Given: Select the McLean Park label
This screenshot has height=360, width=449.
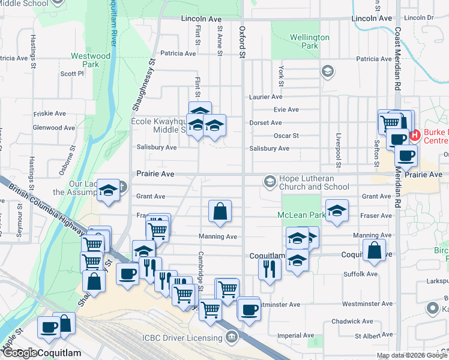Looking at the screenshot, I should click(x=301, y=214).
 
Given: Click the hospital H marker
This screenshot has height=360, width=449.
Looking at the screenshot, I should click(x=414, y=136).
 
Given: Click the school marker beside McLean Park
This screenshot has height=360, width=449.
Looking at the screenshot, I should click(x=337, y=211).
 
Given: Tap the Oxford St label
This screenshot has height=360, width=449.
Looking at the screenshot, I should click(x=243, y=42).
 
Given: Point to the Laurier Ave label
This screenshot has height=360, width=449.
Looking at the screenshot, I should click(x=265, y=97).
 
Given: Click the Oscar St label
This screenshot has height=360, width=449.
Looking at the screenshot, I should click(x=286, y=136).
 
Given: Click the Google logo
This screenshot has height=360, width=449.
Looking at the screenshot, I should click(x=20, y=353).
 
